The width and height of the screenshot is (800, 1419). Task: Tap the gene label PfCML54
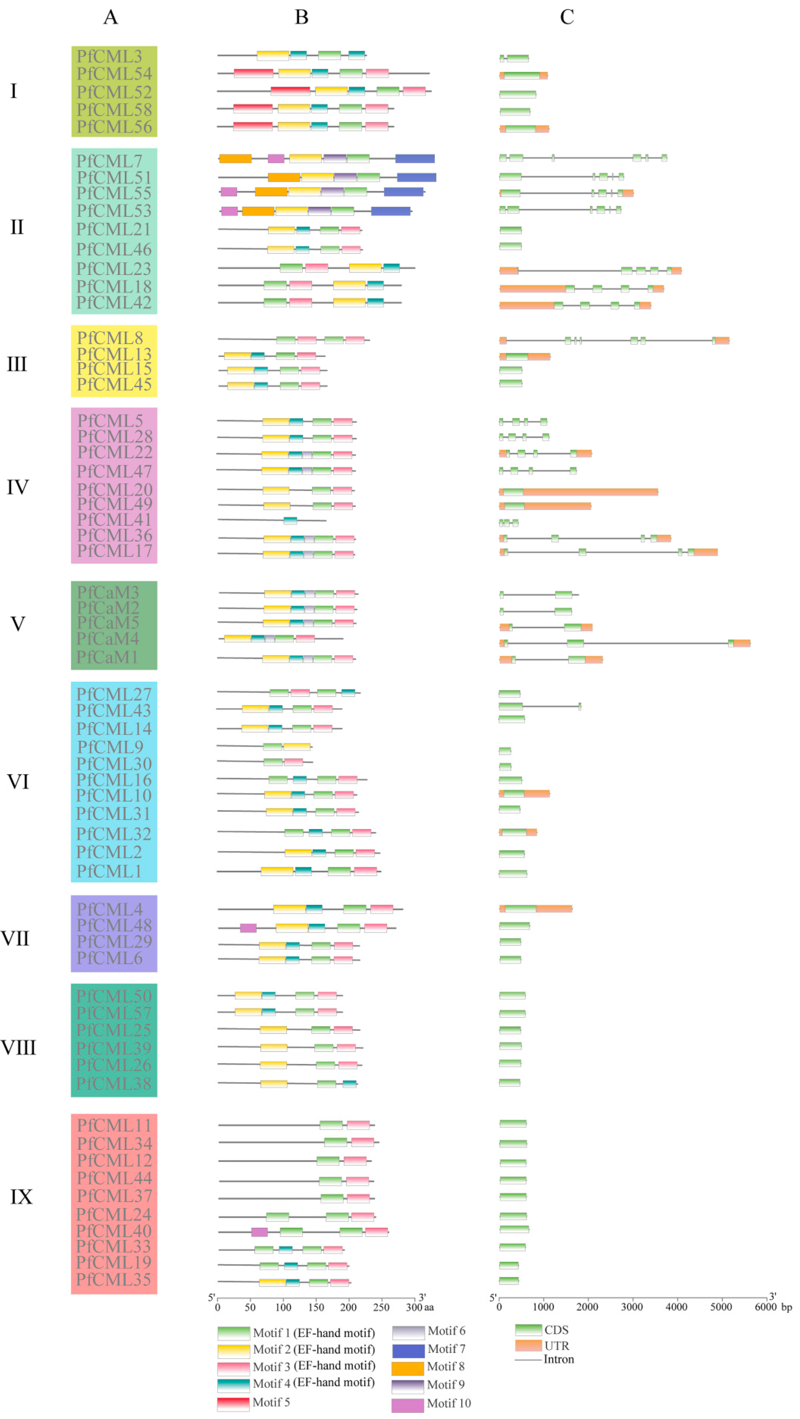114,74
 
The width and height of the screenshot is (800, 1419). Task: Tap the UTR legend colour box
528,1346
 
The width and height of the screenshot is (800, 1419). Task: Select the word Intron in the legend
559,1360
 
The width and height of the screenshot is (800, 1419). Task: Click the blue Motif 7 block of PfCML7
415,159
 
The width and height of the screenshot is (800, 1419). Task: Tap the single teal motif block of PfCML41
290,520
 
